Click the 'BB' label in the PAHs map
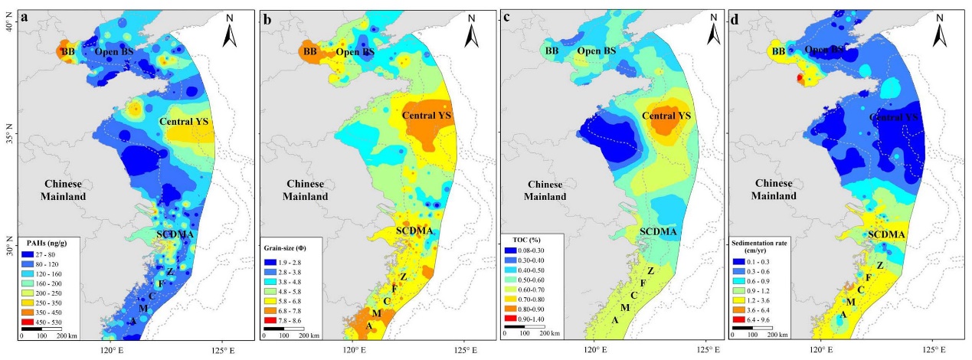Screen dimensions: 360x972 pos(67,51)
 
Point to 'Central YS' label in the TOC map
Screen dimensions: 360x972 pos(666,116)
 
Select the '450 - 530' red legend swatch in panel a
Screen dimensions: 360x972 pos(31,322)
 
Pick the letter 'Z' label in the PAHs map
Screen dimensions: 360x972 pos(170,273)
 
